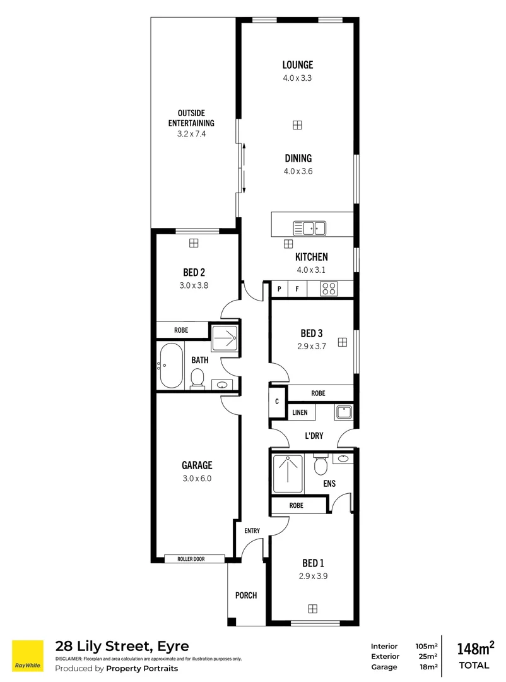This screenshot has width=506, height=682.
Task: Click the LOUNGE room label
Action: tap(297, 64)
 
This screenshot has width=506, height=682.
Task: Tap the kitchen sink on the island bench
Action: tap(309, 227)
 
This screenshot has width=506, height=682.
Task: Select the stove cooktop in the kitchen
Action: tap(329, 289)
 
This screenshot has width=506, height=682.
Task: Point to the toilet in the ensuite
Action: tap(320, 465)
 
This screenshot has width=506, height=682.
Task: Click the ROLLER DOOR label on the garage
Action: tap(194, 558)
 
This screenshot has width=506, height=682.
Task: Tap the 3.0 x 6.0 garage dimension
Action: tap(197, 478)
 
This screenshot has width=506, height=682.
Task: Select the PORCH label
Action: tap(246, 595)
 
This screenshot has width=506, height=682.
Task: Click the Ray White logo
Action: tap(28, 656)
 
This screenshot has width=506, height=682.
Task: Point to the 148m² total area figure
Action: tap(474, 649)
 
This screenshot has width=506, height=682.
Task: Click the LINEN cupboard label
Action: tap(300, 412)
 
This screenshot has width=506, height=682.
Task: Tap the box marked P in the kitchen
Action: tap(279, 289)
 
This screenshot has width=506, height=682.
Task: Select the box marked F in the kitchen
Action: tap(297, 289)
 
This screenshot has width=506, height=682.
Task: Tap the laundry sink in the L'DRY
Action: tap(343, 412)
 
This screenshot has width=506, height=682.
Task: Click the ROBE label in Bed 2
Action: tap(182, 330)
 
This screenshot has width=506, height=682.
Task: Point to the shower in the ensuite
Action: tap(287, 474)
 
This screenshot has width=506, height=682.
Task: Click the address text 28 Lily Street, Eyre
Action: tap(122, 646)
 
